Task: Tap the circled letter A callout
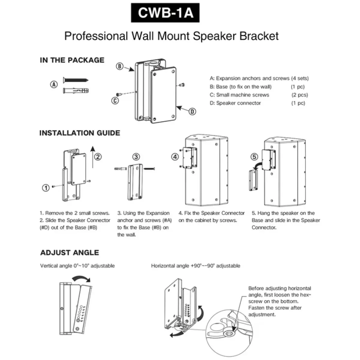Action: click(x=54, y=85)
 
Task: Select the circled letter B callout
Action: click(x=120, y=66)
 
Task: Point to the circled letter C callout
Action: click(x=115, y=101)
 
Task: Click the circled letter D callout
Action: click(x=192, y=112)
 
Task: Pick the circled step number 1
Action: click(x=45, y=188)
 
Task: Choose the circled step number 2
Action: click(x=98, y=156)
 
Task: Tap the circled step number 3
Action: click(x=136, y=157)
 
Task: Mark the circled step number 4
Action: click(x=175, y=157)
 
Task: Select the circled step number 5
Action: click(x=254, y=157)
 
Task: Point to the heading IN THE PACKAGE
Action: click(x=72, y=60)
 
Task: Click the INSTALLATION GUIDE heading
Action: click(x=80, y=133)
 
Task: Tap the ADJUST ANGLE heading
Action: click(x=70, y=252)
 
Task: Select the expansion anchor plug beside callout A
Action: click(x=76, y=90)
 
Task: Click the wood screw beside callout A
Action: click(x=76, y=80)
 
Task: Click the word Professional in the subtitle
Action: click(x=96, y=36)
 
